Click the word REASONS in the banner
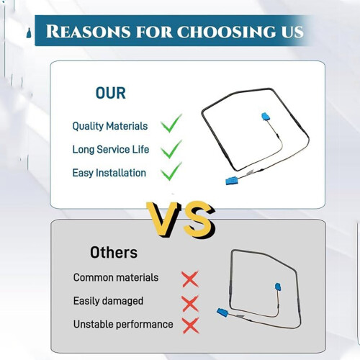[x=88, y=32]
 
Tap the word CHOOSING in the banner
[x=227, y=32]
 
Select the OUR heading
[x=111, y=93]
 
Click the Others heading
[x=114, y=253]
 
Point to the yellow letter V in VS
[x=163, y=219]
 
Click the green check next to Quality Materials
[x=171, y=123]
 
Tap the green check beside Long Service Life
[x=171, y=149]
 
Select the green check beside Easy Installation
[x=171, y=171]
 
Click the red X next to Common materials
[x=190, y=279]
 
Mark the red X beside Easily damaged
[x=190, y=303]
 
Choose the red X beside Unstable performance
[x=191, y=325]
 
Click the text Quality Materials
[x=110, y=126]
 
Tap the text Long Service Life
[x=111, y=150]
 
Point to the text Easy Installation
[x=109, y=173]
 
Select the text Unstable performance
[x=123, y=325]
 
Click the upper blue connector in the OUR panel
[x=266, y=117]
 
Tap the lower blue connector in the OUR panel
[x=231, y=181]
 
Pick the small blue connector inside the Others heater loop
[x=278, y=287]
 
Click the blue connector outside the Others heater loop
[x=222, y=312]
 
